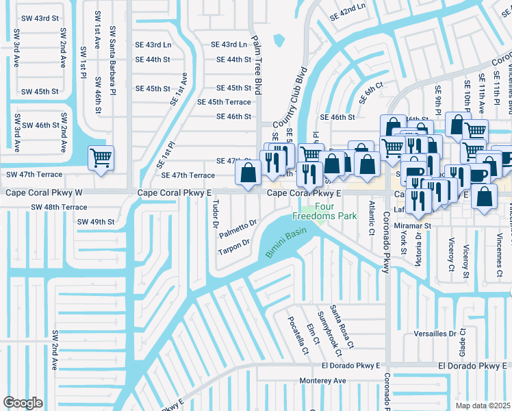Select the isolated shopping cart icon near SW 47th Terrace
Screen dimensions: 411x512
pos(101,159)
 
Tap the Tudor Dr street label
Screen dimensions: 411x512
pos(215,214)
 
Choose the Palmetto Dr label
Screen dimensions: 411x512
pos(238,229)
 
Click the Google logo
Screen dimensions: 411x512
pos(23,403)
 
